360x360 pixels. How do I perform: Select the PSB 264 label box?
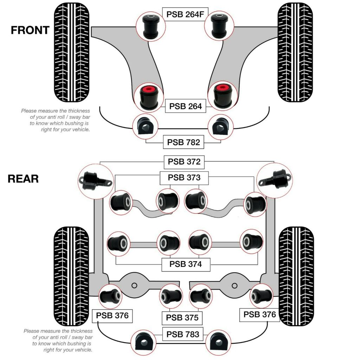(x=186, y=106)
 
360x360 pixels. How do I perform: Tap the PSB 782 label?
(x=184, y=142)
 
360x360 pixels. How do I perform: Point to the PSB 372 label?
(x=184, y=162)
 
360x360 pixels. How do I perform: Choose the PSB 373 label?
(x=184, y=178)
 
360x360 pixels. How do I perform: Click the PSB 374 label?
(x=186, y=264)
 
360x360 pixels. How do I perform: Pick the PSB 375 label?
(x=182, y=317)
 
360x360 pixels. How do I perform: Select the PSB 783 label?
(x=183, y=334)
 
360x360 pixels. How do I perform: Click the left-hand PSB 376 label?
(x=112, y=316)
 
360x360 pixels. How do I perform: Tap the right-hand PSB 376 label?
(x=260, y=314)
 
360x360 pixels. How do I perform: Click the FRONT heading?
(x=30, y=30)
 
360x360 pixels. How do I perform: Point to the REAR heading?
(x=23, y=179)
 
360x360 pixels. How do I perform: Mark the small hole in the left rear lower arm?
(x=134, y=285)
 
